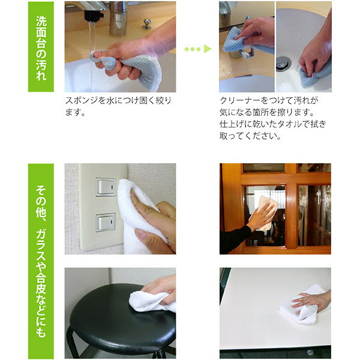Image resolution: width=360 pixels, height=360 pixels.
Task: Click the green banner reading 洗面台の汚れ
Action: pyautogui.click(x=41, y=47)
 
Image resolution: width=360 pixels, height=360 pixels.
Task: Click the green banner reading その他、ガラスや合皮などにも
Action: pyautogui.click(x=41, y=261)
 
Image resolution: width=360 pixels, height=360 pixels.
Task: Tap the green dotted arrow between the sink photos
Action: pyautogui.click(x=197, y=49)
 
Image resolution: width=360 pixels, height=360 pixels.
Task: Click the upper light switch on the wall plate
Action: pyautogui.click(x=106, y=187)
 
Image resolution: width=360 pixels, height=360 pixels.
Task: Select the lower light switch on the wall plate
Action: pyautogui.click(x=106, y=222)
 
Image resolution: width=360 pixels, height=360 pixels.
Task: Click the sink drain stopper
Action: pyautogui.click(x=283, y=64)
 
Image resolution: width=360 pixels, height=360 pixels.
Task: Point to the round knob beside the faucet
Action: pyautogui.click(x=146, y=24)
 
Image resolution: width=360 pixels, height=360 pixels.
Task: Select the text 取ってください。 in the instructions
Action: pyautogui.click(x=250, y=136)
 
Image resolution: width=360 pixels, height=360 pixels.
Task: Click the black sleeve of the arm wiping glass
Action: pyautogui.click(x=235, y=240)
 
